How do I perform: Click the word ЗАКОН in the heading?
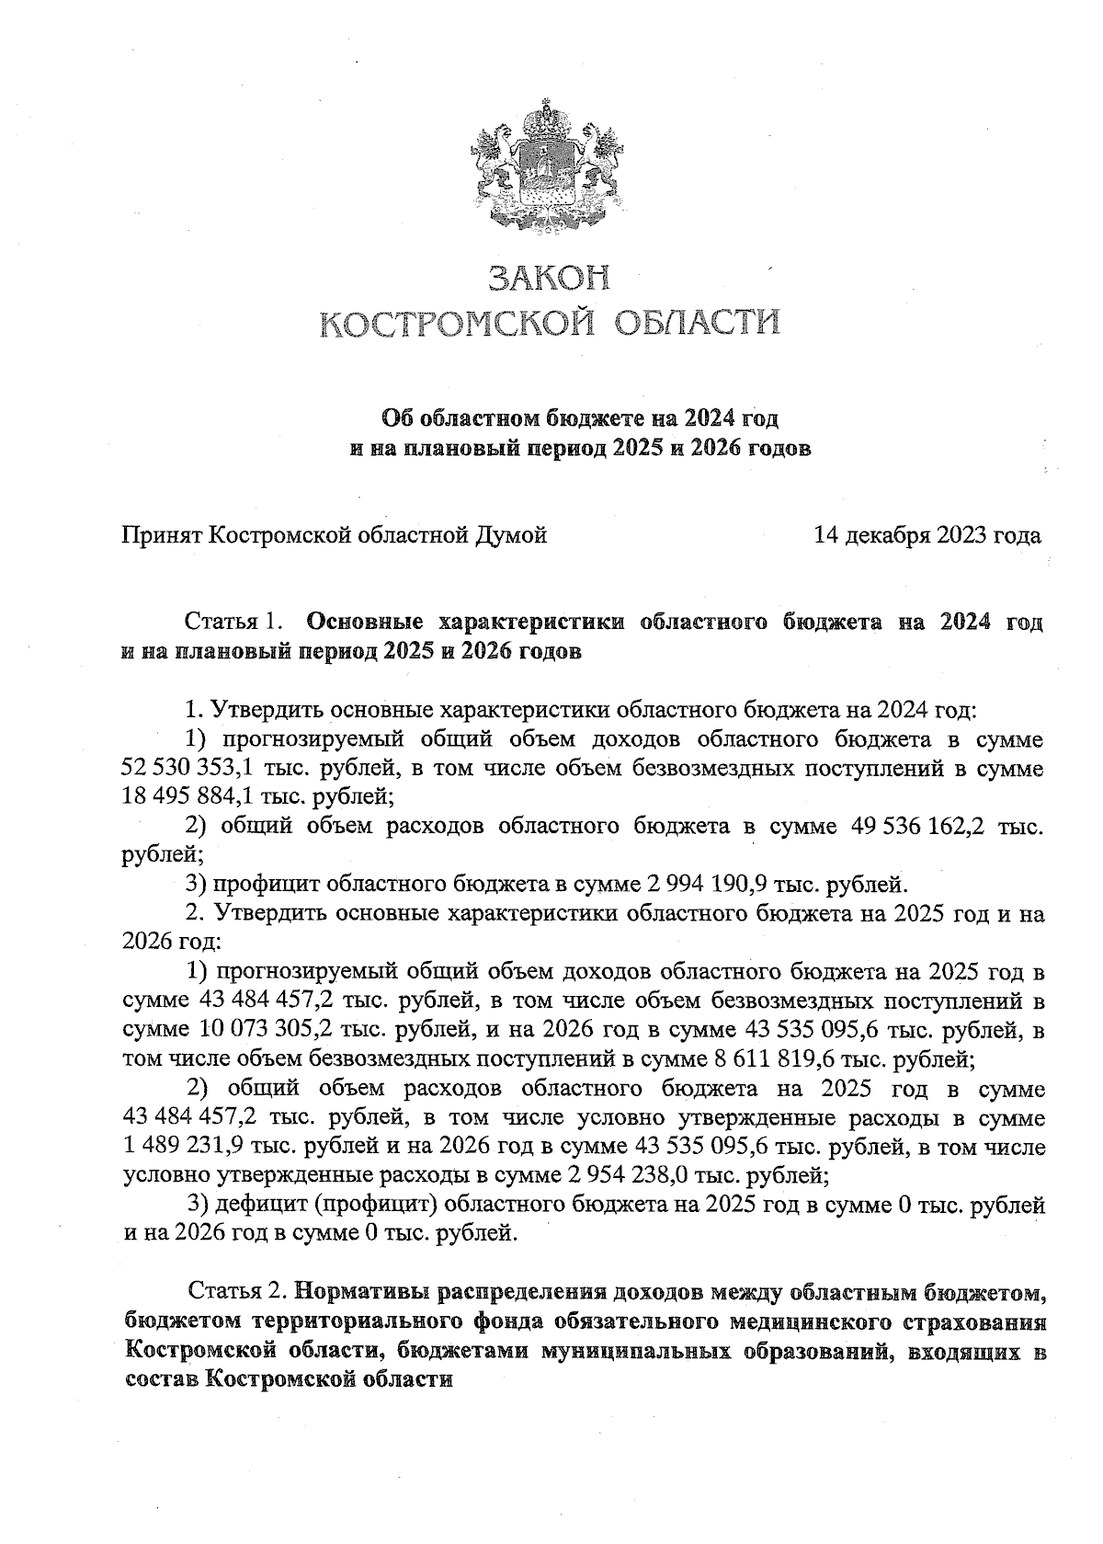[549, 278]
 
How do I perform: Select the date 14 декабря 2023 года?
[927, 534]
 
